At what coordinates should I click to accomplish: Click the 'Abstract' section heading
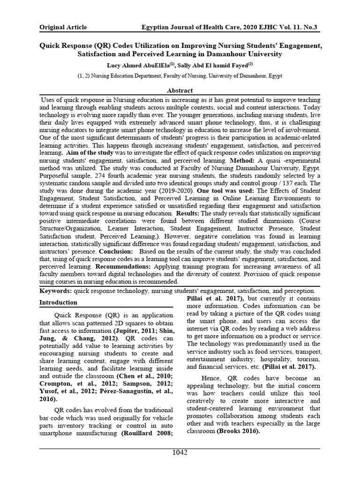[180, 90]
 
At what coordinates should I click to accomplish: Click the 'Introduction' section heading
[58, 303]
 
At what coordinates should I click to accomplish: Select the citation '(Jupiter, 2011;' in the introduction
[125, 330]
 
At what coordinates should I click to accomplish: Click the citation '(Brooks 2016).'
[238, 431]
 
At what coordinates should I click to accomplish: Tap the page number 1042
[180, 452]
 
